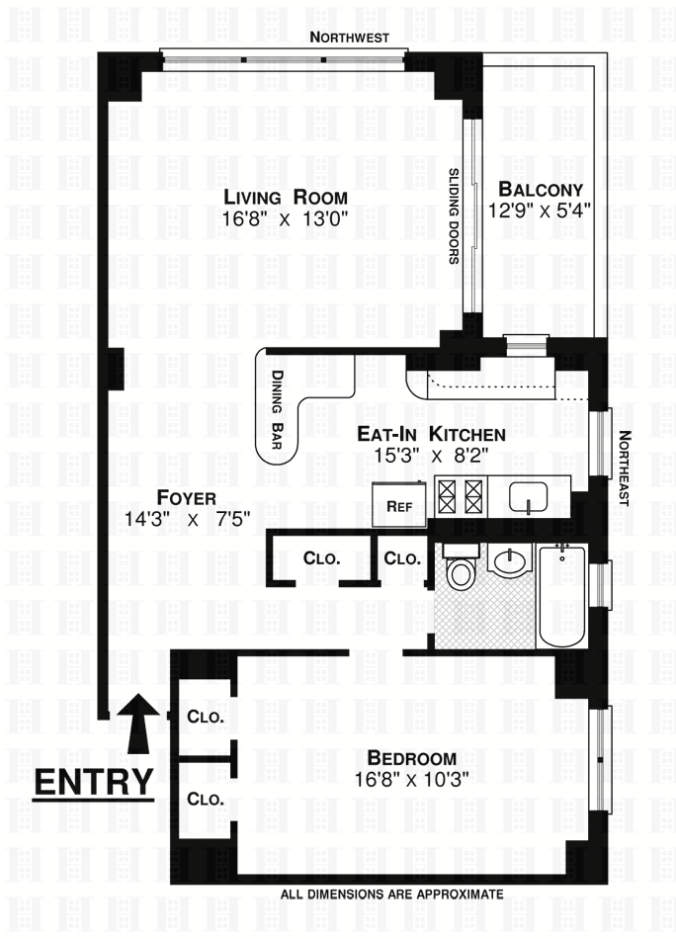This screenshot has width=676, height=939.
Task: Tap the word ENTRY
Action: [94, 781]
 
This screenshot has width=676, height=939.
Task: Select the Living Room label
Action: [285, 196]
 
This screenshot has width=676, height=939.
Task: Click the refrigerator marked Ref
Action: [399, 506]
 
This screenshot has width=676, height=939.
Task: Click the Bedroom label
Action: [410, 758]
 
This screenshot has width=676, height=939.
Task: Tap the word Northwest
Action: [345, 38]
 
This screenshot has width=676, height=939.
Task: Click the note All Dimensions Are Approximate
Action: [392, 894]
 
